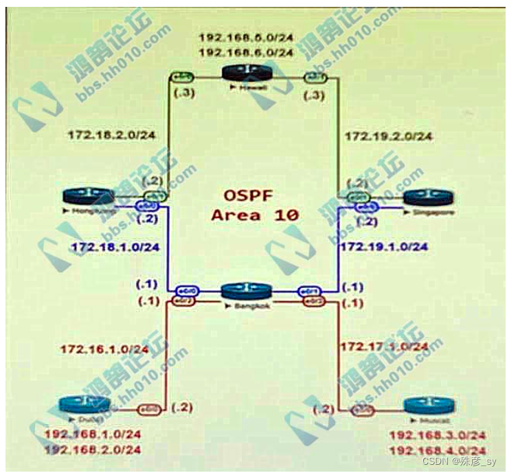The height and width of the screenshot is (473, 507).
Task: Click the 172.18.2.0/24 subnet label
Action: click(111, 135)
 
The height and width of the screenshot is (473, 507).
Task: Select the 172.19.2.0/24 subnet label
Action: click(388, 136)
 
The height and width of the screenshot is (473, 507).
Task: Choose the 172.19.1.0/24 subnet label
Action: click(385, 246)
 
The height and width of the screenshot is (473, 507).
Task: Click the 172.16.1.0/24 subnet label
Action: click(104, 349)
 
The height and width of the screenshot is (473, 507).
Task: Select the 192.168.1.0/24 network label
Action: click(93, 434)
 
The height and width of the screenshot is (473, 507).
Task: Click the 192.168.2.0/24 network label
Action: click(93, 450)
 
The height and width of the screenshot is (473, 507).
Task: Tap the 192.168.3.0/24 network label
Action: click(438, 434)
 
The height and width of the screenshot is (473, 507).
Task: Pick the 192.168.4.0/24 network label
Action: click(438, 450)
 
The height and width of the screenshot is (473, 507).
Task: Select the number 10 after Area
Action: click(284, 214)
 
